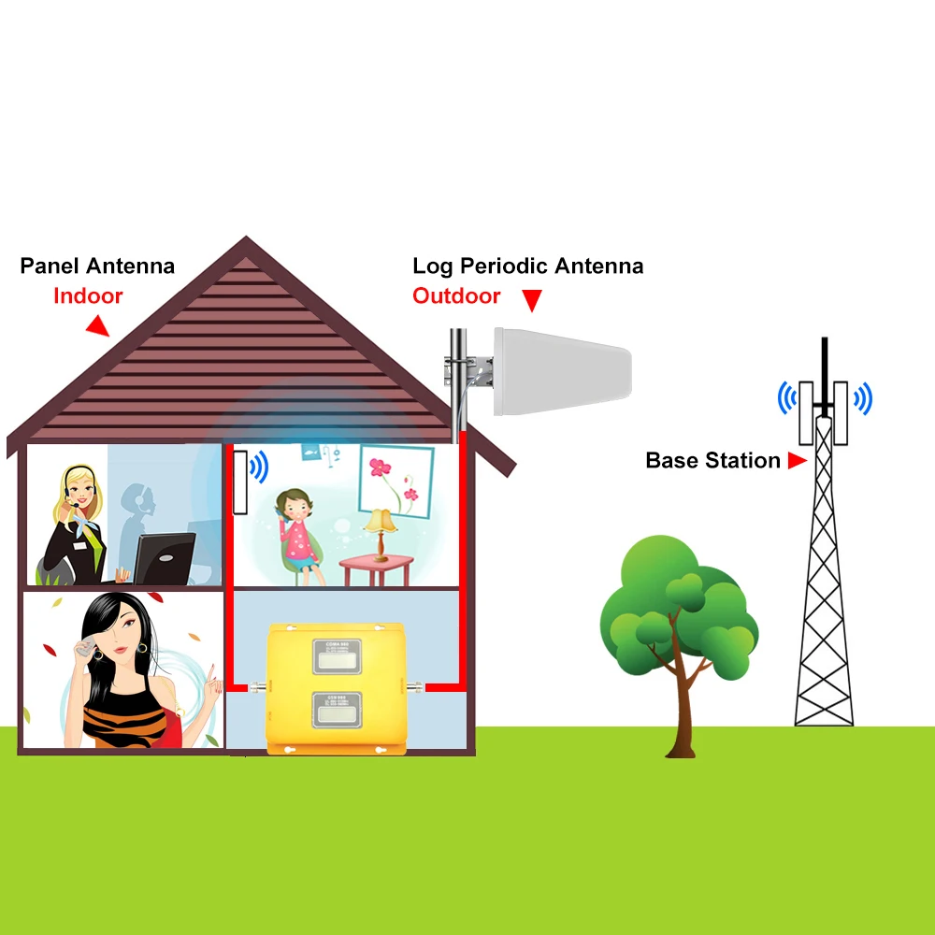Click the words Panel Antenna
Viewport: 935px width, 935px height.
pyautogui.click(x=97, y=266)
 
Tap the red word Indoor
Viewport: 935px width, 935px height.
pyautogui.click(x=88, y=296)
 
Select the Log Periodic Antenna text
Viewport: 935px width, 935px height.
pyautogui.click(x=527, y=266)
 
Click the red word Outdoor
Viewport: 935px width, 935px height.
pyautogui.click(x=456, y=296)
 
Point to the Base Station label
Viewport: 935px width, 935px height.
pyautogui.click(x=712, y=461)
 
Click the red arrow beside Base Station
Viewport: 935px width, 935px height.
pyautogui.click(x=797, y=461)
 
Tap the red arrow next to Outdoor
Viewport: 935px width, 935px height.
pyautogui.click(x=531, y=301)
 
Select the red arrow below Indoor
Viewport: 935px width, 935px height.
pyautogui.click(x=96, y=326)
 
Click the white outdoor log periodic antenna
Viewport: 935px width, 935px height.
pyautogui.click(x=563, y=370)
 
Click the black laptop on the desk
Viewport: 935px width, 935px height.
pyautogui.click(x=165, y=558)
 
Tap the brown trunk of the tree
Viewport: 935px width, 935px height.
pyautogui.click(x=680, y=711)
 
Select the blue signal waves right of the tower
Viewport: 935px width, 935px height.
pyautogui.click(x=861, y=399)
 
